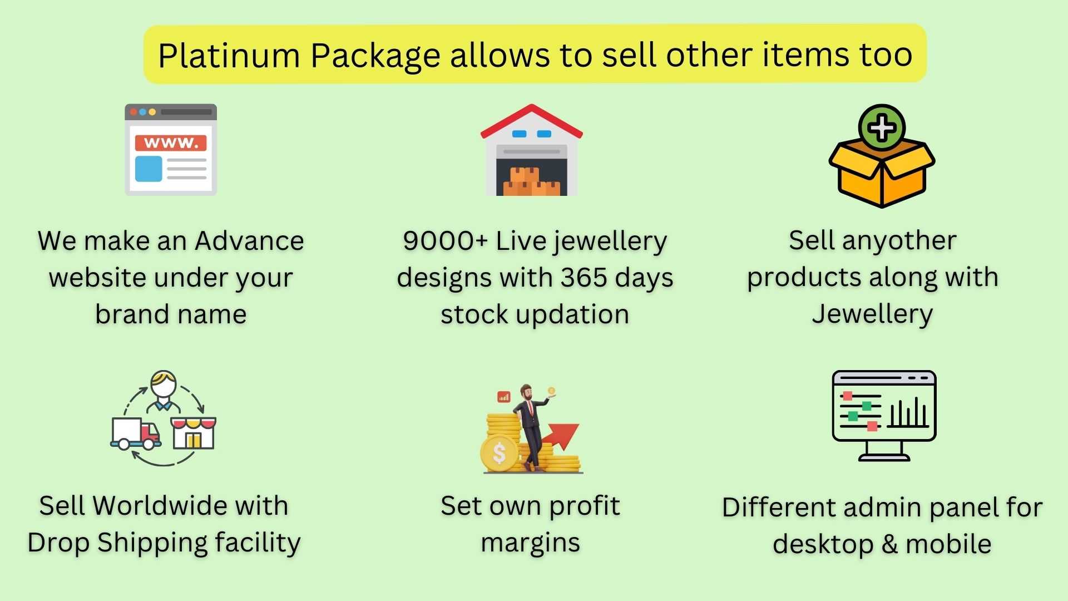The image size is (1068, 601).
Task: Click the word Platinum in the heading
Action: point(229,56)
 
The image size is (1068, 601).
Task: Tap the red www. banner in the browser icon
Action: point(171,143)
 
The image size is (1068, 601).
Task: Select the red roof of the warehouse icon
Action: point(532,121)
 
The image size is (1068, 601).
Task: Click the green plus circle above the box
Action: point(882,128)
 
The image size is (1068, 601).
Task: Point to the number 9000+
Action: point(445,241)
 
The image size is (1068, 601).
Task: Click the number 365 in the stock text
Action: point(584,277)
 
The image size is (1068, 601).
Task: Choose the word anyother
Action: point(899,241)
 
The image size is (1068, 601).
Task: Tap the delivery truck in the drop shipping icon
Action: point(136,433)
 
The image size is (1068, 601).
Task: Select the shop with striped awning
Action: point(193,432)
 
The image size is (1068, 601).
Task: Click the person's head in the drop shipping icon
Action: point(164,384)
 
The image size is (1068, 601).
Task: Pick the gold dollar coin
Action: point(500,453)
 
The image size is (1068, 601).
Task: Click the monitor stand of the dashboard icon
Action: point(884,451)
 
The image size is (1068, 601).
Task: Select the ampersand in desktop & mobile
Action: point(889,544)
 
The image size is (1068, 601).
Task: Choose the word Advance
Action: point(249,241)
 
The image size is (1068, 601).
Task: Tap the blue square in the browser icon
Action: point(149,168)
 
